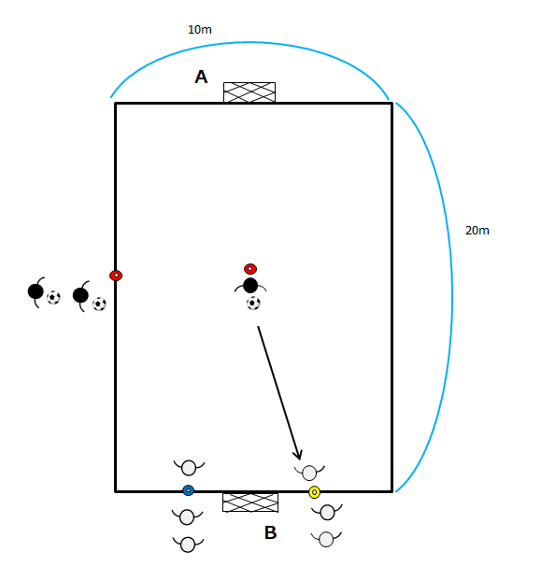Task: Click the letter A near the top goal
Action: click(201, 77)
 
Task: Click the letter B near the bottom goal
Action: click(271, 532)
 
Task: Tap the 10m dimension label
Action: click(200, 30)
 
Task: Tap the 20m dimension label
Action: click(477, 231)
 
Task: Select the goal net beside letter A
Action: click(249, 92)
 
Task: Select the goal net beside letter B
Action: click(250, 502)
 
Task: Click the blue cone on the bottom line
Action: click(189, 490)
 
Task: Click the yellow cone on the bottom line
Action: click(314, 492)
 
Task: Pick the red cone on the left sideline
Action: click(116, 276)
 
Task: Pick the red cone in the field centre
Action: click(250, 269)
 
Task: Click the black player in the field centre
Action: click(250, 286)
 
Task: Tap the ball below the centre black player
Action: click(253, 304)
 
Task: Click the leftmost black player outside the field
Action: click(36, 291)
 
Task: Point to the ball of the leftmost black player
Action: click(53, 297)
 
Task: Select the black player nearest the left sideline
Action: click(81, 295)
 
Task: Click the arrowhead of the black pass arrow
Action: click(298, 454)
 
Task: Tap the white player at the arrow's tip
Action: click(309, 473)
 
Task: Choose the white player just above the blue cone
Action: click(189, 468)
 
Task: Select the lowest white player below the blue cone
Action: click(188, 545)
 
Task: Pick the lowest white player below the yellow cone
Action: click(326, 539)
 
